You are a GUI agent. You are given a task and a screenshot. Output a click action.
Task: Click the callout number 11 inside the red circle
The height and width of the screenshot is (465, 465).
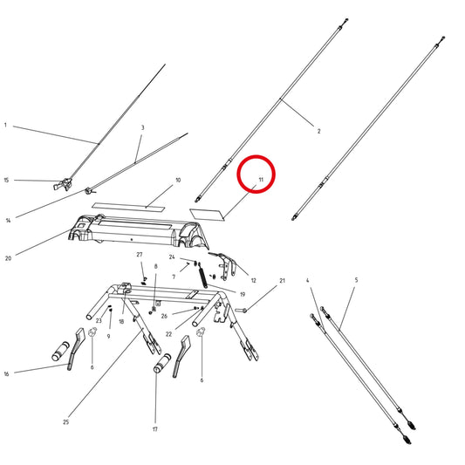tap(261, 180)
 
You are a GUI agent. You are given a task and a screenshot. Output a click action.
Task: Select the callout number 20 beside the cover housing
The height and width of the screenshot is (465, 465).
tap(9, 258)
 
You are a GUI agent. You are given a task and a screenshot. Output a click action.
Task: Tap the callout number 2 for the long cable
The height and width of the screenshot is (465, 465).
tap(318, 131)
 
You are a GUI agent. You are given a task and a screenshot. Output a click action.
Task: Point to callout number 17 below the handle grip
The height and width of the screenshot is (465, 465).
tap(154, 429)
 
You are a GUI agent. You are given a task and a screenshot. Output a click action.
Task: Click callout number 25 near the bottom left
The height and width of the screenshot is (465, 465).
tap(65, 422)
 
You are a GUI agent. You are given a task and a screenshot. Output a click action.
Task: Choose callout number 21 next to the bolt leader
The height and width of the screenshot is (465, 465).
tap(282, 281)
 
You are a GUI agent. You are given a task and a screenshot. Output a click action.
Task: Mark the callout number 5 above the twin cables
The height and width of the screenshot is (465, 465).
tap(356, 280)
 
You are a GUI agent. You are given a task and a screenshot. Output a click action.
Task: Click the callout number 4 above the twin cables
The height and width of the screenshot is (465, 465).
tap(308, 280)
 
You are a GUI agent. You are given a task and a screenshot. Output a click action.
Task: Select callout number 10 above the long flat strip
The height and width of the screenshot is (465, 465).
tap(178, 180)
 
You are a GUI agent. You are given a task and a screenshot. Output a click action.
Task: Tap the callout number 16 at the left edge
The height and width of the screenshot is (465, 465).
tap(6, 373)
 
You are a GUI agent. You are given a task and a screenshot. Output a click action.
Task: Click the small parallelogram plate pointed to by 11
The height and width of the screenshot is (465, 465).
tap(207, 215)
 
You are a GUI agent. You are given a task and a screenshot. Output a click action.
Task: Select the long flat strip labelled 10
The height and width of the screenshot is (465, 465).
tap(128, 207)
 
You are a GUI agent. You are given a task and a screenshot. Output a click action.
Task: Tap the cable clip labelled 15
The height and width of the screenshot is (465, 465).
tap(63, 184)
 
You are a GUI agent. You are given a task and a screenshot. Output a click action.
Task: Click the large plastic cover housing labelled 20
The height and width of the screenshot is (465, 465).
tap(138, 233)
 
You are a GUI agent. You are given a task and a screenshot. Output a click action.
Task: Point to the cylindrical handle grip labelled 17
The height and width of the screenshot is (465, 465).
tap(162, 363)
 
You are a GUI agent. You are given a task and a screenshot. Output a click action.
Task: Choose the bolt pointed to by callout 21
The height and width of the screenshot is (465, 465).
tap(241, 311)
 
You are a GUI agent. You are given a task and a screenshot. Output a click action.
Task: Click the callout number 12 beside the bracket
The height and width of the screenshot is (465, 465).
tap(253, 281)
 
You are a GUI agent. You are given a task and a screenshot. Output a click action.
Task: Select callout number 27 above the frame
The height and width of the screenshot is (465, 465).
tap(140, 255)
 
